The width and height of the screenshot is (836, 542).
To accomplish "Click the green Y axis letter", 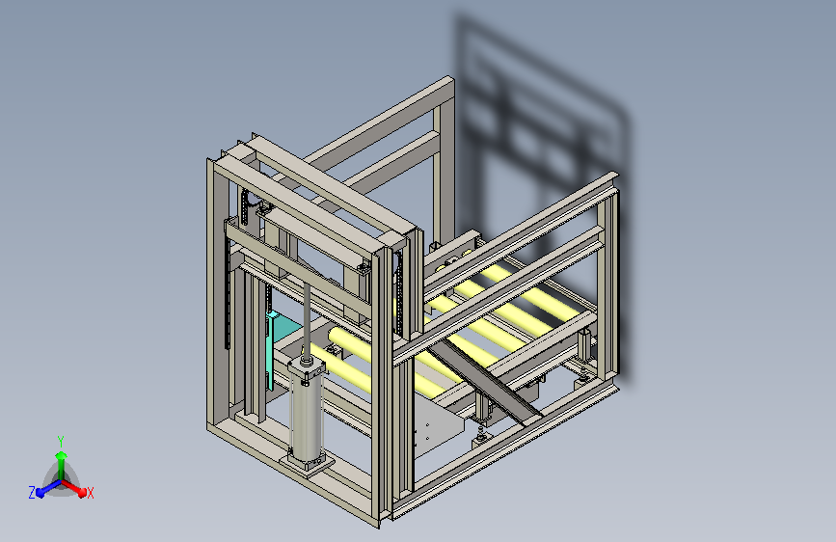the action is tap(61, 441).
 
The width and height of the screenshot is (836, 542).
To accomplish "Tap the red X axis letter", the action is tap(90, 494).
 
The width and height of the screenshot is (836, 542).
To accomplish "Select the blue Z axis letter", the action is tap(32, 493).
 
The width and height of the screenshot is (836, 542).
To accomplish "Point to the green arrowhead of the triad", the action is tap(62, 455).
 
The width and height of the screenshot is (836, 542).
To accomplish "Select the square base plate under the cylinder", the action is tap(309, 463).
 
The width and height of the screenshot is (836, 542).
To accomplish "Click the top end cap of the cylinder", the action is tap(307, 369).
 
